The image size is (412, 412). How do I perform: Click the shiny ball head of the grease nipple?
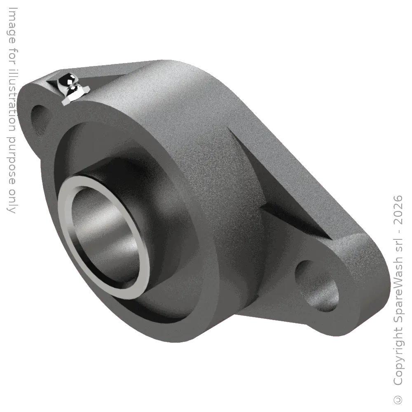(66, 80)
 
